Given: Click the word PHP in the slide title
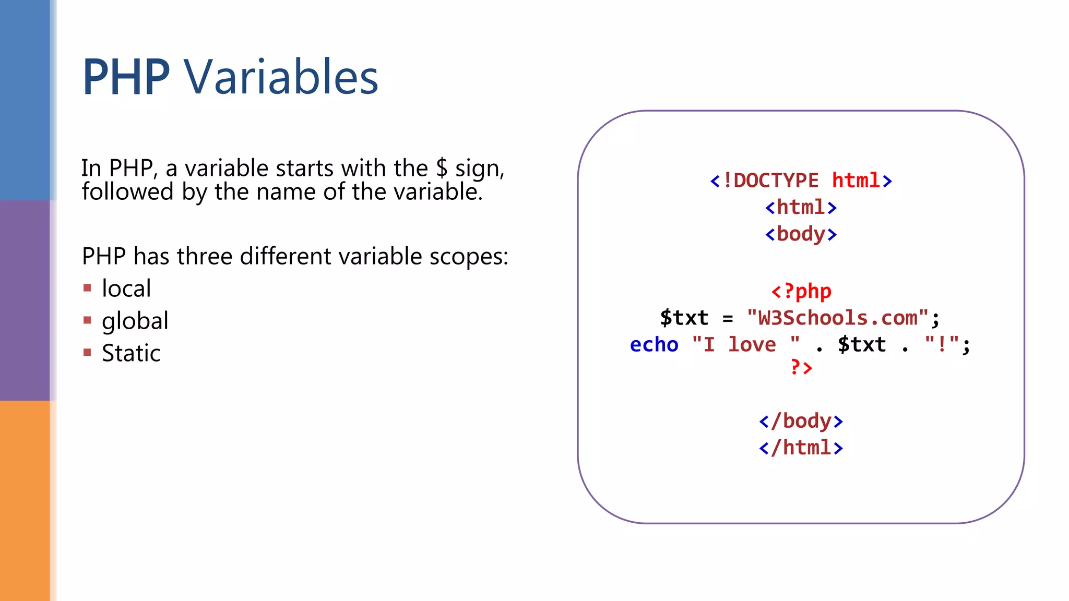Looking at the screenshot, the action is (126, 77).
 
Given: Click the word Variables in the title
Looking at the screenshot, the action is (281, 77).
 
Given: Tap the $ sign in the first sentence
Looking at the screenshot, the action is (442, 168).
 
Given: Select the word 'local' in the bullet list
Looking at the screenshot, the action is (126, 289).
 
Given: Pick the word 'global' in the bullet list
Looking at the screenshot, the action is (135, 321).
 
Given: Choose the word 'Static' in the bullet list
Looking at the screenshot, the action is (131, 353).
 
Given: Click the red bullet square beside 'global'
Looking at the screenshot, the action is (87, 320).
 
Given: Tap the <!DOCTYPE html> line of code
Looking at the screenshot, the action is (801, 181).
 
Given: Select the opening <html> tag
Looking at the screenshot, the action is (801, 208).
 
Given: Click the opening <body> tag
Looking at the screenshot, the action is (801, 234).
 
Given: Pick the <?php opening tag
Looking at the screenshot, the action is (801, 291).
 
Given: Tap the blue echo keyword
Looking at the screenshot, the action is (654, 345).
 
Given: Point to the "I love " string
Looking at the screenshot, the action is (746, 345).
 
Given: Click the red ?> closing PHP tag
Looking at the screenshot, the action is (801, 368).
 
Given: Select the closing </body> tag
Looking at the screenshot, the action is (801, 421).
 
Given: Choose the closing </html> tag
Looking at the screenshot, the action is (801, 448).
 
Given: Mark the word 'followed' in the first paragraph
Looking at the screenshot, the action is (127, 192).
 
